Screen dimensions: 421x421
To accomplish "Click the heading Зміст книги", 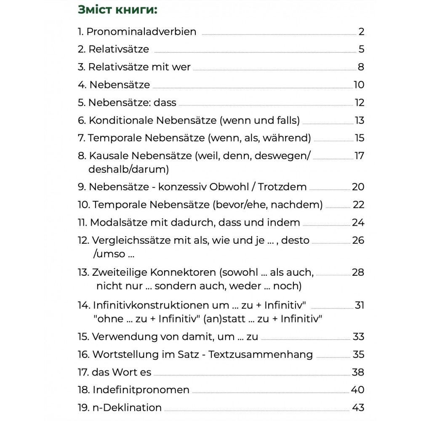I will (x=117, y=10).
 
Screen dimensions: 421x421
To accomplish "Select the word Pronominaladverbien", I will (x=141, y=32).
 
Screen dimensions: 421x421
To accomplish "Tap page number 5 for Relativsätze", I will (x=361, y=49).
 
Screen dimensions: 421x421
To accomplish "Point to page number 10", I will (x=359, y=85).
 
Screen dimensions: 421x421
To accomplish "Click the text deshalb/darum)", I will (x=128, y=169).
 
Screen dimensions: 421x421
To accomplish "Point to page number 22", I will (x=358, y=205).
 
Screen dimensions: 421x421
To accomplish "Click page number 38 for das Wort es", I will (x=358, y=372).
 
